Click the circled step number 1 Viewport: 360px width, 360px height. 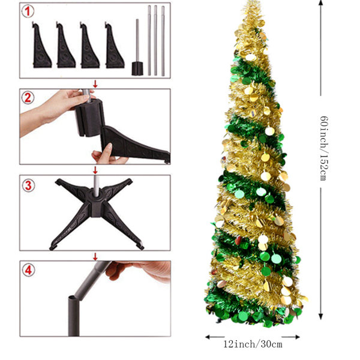click(x=28, y=11)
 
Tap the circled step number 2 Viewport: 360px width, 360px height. click(x=28, y=98)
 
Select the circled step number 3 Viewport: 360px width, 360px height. click(x=28, y=185)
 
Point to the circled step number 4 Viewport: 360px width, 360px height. click(x=28, y=270)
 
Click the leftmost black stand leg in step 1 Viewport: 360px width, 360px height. click(x=41, y=46)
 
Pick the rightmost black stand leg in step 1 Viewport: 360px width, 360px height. click(x=114, y=46)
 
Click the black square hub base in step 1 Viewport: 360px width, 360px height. click(x=137, y=68)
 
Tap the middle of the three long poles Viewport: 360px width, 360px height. click(x=155, y=40)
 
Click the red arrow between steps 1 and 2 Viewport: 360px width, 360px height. click(x=95, y=84)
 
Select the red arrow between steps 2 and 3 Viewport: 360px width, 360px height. click(x=95, y=170)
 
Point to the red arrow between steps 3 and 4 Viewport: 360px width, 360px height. click(x=95, y=256)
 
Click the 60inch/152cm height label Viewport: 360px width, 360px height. click(x=324, y=148)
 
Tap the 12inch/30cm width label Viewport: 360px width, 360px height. click(x=253, y=344)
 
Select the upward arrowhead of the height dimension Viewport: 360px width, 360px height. click(x=321, y=3)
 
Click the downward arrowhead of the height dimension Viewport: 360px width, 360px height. click(x=321, y=316)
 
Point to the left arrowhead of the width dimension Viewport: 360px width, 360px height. click(x=208, y=337)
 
